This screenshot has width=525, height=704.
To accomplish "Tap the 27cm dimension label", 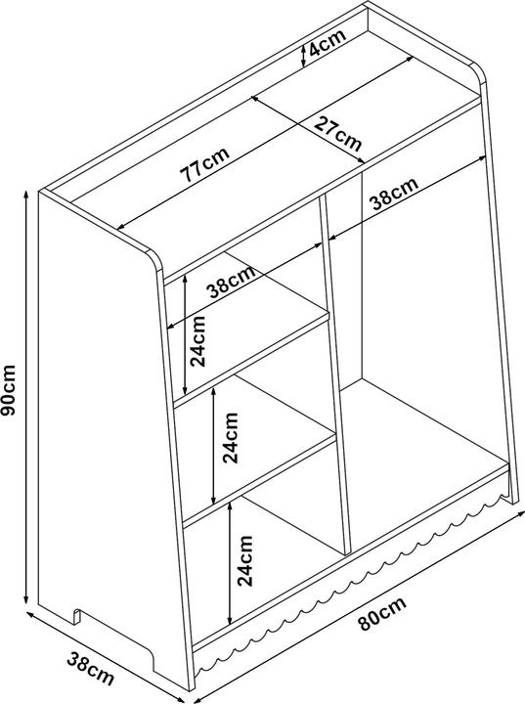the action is pos(337,134).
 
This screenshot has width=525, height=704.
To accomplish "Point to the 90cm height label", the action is pos(9,390).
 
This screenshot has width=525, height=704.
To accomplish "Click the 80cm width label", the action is pos(382,613).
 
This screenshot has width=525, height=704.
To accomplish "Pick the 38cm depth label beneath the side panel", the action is pos(90,670).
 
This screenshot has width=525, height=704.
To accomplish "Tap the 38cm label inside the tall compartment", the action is pos(394,194).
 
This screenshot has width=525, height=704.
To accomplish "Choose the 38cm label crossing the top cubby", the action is pos(231,282).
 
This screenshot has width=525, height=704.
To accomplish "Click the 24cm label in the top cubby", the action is pos(197,341).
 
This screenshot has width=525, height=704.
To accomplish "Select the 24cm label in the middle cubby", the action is pos(231,437).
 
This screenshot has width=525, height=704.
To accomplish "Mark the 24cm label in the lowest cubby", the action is pos(245,560).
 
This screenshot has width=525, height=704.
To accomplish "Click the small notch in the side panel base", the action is pos(77,616).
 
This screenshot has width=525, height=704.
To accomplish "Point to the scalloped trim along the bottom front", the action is pos(354,579).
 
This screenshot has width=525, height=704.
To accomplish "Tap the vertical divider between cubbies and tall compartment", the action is pos(334,374).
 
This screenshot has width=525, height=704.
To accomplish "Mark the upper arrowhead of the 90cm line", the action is pos(26,195).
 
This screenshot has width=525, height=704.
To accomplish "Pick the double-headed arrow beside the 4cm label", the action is pos(304,54).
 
